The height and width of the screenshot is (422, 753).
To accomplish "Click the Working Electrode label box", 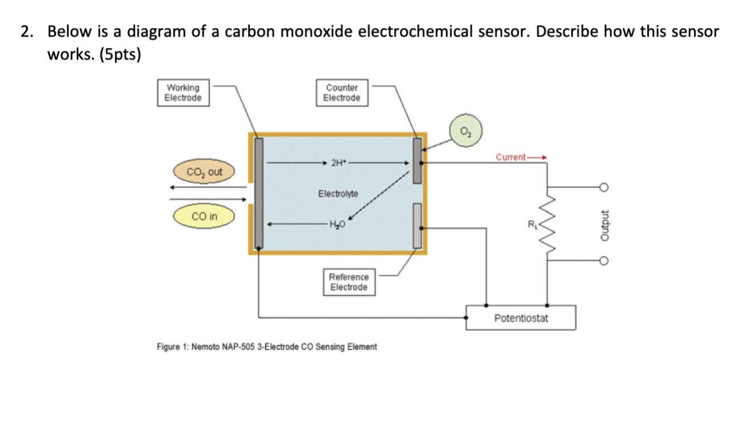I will point(183,93).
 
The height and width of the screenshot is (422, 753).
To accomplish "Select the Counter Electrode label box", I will point(342,93).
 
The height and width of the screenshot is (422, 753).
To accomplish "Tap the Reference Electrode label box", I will point(349,282).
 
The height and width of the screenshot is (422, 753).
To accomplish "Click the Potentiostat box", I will point(520,318).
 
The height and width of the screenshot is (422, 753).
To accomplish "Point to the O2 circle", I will point(466,130).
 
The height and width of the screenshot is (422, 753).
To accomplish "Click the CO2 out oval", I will point(204,172).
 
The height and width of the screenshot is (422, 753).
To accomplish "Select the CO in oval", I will point(204,217).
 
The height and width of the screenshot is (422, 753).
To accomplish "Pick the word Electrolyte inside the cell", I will point(338,193).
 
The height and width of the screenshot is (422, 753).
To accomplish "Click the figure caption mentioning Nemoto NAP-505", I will point(267,347).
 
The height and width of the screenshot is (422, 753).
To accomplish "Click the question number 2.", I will point(25,32).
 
